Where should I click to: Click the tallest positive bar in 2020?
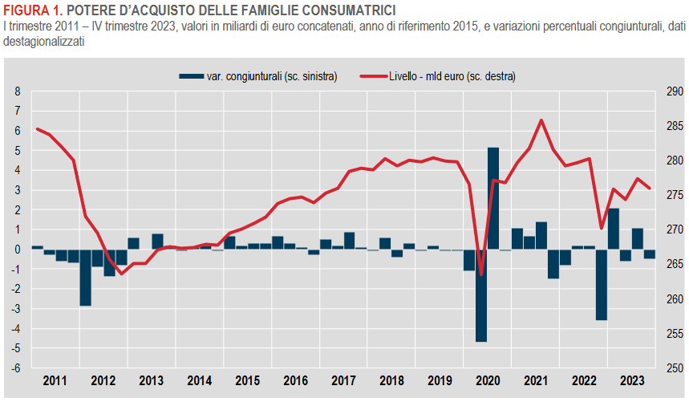493,198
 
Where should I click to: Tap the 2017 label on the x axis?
343,380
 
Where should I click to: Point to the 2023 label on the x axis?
631,380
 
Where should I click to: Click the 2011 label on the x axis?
55,380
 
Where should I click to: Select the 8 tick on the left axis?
18,91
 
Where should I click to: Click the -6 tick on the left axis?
16,368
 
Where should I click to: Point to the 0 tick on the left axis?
18,250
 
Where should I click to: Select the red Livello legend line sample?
372,76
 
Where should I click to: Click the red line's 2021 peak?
541,120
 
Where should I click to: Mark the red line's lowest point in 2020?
481,274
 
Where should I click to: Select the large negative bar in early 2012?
85,277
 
